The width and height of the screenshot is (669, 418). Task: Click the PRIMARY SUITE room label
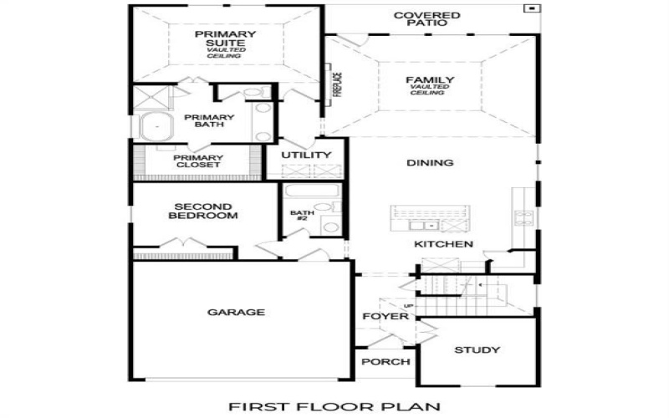(x=225, y=39)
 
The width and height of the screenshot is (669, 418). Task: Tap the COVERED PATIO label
(x=426, y=19)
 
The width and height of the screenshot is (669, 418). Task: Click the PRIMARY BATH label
(x=208, y=121)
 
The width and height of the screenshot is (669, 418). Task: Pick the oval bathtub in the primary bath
(x=156, y=128)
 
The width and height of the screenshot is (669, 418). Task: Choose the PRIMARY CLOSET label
(x=197, y=161)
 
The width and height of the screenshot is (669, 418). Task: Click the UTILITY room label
(x=306, y=155)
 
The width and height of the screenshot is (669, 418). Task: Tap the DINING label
(x=430, y=163)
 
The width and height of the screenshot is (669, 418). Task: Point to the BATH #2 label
(x=300, y=216)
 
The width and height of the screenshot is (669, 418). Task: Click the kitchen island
(x=427, y=219)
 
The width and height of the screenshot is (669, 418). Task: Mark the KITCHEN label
(x=444, y=244)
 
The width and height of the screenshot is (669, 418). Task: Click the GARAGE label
(x=236, y=313)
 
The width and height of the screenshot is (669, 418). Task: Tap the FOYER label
(x=385, y=317)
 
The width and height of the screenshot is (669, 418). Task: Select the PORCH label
(x=386, y=362)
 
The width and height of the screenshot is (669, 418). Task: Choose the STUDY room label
(x=477, y=349)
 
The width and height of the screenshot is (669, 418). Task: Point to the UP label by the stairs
(x=408, y=307)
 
